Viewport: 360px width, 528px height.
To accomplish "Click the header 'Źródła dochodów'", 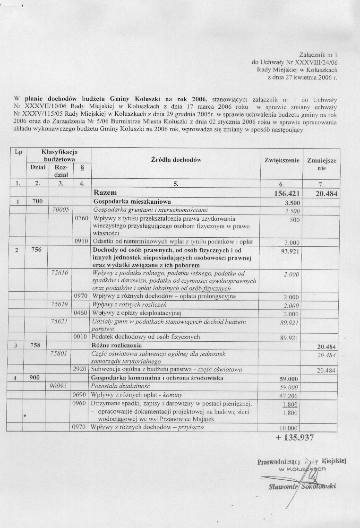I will (x=176, y=160).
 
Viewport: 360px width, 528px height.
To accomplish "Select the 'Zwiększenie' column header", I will (x=282, y=160).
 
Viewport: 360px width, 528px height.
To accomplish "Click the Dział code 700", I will (x=37, y=201).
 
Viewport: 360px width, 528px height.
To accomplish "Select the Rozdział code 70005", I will (x=60, y=209).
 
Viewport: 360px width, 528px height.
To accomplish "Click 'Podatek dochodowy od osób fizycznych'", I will (x=146, y=337).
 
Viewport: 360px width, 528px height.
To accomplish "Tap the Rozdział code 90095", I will (x=60, y=386).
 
